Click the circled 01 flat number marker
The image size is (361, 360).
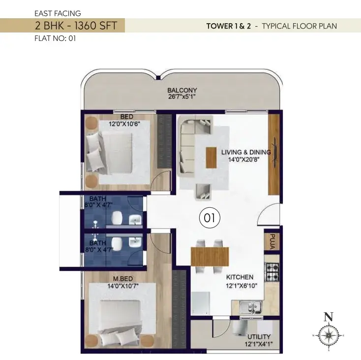pos(210,218)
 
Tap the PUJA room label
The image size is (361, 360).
pos(272,241)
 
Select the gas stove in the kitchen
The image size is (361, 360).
pos(272,272)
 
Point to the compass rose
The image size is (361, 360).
pos(329,335)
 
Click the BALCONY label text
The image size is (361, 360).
pos(182,90)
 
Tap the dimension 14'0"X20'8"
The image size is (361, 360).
pos(244,159)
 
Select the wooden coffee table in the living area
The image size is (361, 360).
pos(211,158)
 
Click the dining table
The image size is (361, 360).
pos(210,257)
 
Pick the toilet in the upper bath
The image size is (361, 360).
pos(117,218)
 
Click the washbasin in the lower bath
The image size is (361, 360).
pos(135,242)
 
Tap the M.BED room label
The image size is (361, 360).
pos(123,279)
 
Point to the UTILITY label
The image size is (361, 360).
pos(259,337)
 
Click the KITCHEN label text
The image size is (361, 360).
pos(240,277)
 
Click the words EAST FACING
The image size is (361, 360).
pos(58,13)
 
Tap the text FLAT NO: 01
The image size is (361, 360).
pos(55,38)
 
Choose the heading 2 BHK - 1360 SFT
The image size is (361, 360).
pos(76,25)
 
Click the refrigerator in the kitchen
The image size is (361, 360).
pos(201,303)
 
